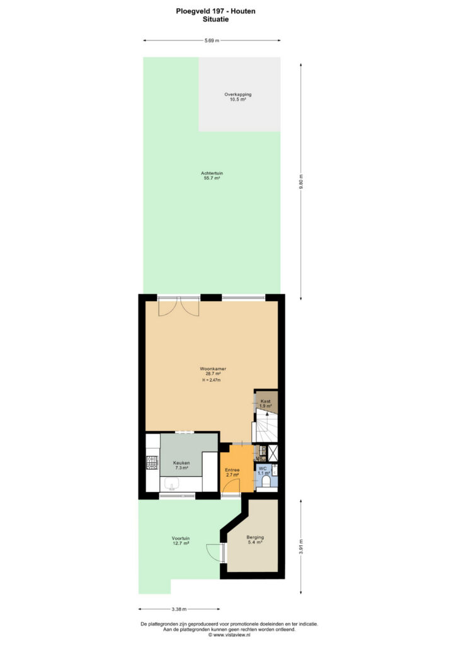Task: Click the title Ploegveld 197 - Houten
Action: [215, 11]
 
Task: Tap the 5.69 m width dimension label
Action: [212, 40]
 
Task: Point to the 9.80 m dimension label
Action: [301, 181]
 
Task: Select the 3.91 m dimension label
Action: [301, 546]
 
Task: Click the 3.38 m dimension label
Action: [180, 609]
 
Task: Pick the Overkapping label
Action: [237, 94]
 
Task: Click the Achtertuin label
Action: [212, 173]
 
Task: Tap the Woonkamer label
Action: [213, 368]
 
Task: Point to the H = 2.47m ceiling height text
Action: [212, 380]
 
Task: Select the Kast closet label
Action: [266, 401]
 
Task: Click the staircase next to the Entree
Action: [266, 426]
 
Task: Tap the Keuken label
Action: [181, 463]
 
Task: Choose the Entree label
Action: [232, 470]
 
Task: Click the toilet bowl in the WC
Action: [266, 482]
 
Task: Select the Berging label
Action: [255, 537]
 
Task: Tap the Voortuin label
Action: [181, 538]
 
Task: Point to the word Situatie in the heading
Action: [216, 19]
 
